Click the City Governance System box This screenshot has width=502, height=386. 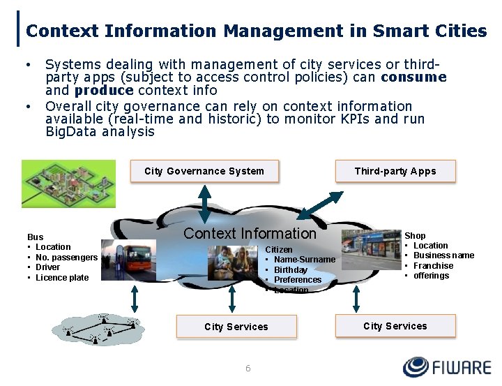204,171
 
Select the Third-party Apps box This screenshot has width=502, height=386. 395,171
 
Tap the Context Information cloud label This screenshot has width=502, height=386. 250,233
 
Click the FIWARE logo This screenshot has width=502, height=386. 446,367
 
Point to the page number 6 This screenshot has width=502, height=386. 248,368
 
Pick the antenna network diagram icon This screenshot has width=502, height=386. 101,329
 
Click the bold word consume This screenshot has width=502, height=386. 413,77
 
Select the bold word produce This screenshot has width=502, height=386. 104,91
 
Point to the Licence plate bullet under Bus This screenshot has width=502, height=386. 62,278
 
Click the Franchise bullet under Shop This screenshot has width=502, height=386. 433,266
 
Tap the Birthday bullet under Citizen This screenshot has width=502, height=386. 290,270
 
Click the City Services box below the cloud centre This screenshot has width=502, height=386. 236,327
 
